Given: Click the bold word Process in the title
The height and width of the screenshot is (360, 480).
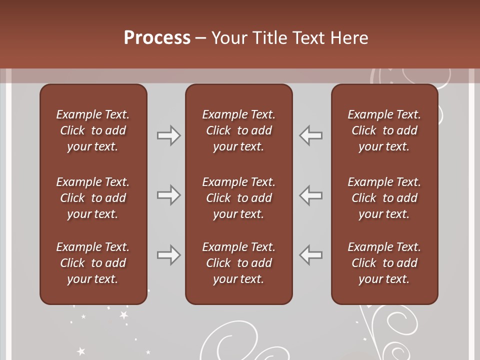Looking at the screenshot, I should click(157, 38).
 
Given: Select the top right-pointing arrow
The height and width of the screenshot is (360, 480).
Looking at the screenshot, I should click(168, 135).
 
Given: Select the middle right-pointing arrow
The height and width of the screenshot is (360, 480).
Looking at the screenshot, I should click(168, 195).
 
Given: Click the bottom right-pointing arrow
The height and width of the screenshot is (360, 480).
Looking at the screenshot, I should click(168, 255).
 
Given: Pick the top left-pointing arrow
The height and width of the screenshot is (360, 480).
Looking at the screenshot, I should click(311, 135).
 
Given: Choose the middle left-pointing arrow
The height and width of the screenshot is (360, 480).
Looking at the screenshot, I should click(311, 195).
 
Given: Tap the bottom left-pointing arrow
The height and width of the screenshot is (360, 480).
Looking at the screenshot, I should click(311, 255).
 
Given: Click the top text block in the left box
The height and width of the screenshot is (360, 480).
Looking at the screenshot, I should click(93, 130).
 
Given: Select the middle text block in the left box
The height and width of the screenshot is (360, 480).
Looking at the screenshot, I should click(93, 198).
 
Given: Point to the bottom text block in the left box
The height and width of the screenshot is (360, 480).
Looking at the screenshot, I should click(93, 263).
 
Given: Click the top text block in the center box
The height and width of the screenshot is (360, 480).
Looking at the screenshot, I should click(238, 130).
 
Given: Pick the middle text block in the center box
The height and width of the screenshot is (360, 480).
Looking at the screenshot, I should click(238, 198).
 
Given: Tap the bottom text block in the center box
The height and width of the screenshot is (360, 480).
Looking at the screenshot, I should click(238, 263).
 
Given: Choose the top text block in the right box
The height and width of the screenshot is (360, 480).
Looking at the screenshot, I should click(384, 130).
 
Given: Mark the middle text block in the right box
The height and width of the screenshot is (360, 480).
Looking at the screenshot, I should click(384, 198).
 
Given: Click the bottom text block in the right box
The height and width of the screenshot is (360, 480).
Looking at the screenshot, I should click(384, 263).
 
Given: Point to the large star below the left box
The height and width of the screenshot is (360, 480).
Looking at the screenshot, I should click(123, 315).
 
